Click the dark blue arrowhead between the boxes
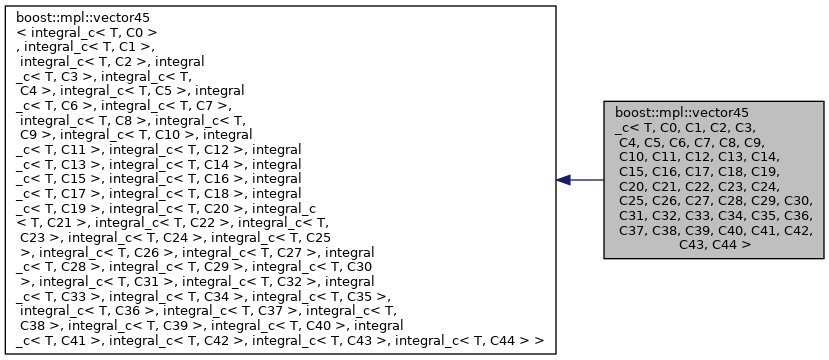(x=564, y=180)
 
